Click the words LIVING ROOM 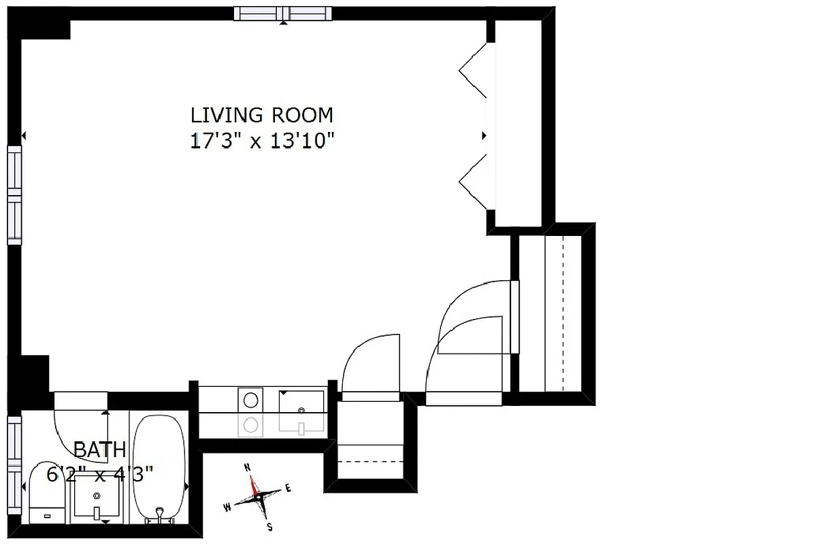pos(262,114)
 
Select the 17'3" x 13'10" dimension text pos(262,141)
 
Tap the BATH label pos(99,449)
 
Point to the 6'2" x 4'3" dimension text pos(99,472)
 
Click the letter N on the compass pos(248,467)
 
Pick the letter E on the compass pos(288,488)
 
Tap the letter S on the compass pos(269,526)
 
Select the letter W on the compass pos(227,507)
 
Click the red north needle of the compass pos(254,485)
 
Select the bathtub pos(159,469)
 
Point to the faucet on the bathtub pos(160,514)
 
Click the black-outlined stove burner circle pos(251,398)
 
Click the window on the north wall pos(282,14)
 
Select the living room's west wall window pos(14,194)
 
